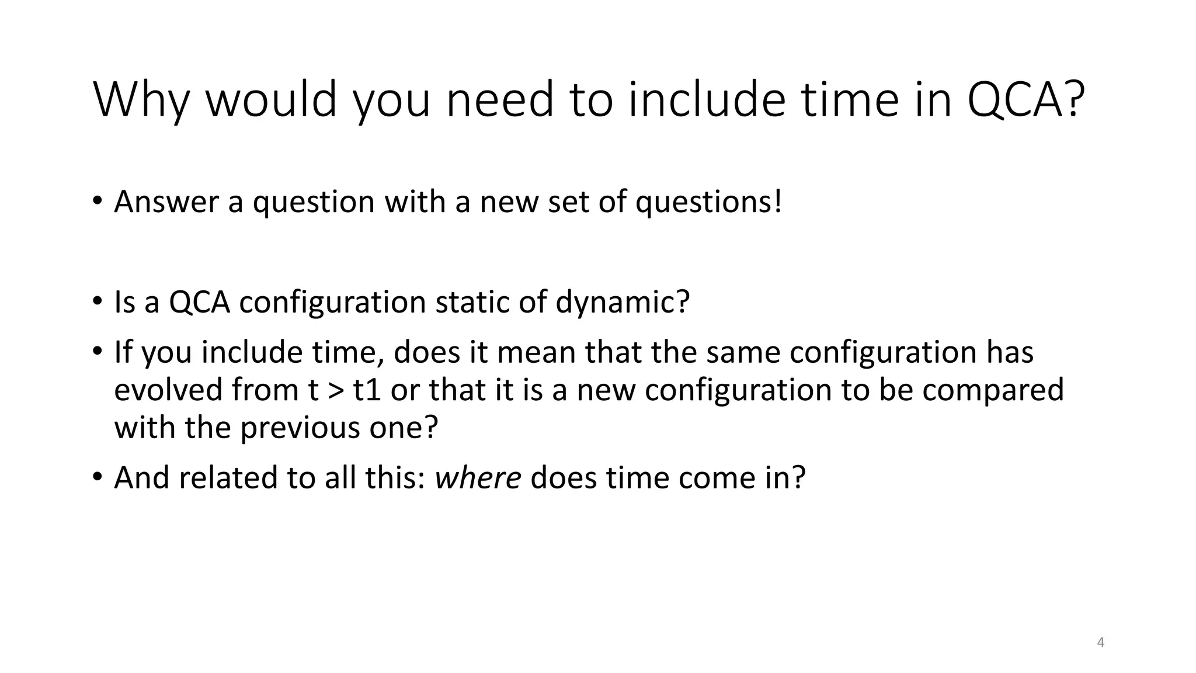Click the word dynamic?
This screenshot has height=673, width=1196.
pyautogui.click(x=623, y=303)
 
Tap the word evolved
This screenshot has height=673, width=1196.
pyautogui.click(x=168, y=390)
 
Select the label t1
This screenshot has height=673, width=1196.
pyautogui.click(x=367, y=390)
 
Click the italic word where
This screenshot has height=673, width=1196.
pyautogui.click(x=478, y=478)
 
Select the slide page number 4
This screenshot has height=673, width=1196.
pyautogui.click(x=1101, y=643)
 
